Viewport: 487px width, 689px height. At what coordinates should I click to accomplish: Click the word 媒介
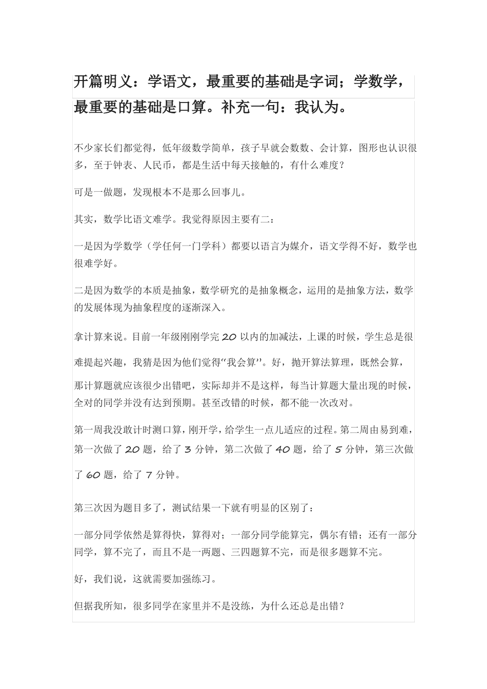[300, 246]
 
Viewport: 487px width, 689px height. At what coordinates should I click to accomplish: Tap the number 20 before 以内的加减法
[229, 337]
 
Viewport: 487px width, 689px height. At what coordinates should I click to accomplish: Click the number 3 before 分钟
[187, 450]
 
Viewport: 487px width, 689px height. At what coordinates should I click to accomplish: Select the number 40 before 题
[282, 450]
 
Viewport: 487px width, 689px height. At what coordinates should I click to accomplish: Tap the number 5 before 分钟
[338, 450]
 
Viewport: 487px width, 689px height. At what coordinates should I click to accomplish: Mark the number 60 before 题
[93, 475]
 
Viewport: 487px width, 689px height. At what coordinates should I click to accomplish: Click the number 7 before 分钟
[149, 475]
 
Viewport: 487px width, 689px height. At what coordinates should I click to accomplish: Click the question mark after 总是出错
[342, 606]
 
